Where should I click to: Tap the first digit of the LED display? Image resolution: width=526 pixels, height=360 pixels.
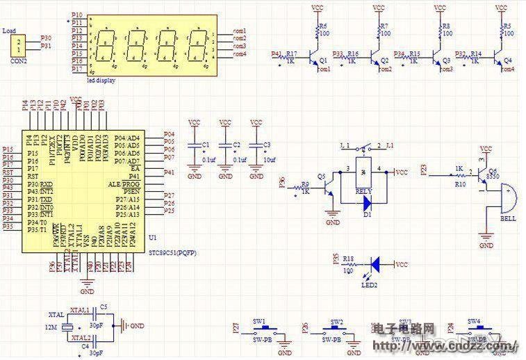(106, 44)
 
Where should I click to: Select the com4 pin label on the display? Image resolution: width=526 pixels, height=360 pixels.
(239, 54)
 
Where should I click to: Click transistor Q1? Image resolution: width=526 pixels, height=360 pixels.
(315, 56)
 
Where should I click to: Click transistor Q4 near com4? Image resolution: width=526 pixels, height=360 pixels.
(499, 56)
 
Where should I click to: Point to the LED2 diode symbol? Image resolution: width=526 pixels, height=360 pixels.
(376, 264)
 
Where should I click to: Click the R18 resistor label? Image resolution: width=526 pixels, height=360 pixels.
(347, 259)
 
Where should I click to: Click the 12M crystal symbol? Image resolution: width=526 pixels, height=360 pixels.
(67, 326)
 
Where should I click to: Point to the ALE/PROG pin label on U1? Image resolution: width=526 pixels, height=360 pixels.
(124, 183)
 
